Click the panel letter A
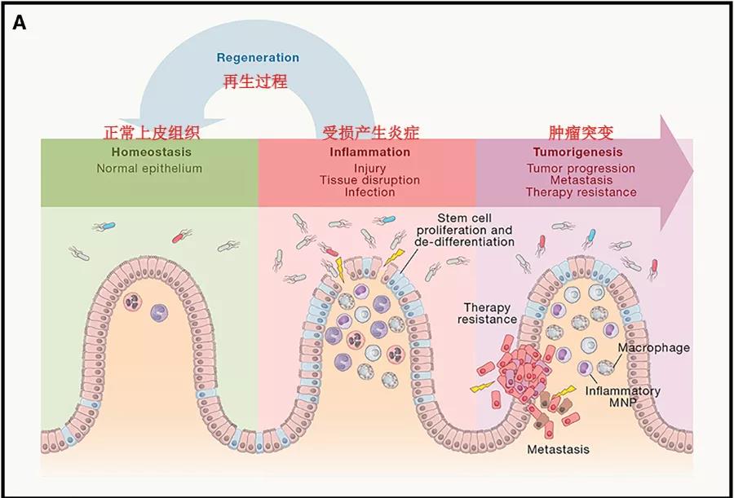(x=20, y=23)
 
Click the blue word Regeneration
(x=258, y=58)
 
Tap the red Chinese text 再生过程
(x=254, y=82)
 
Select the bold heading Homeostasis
(x=151, y=152)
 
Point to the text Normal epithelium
(x=149, y=169)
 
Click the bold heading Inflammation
(x=369, y=152)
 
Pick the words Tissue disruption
(x=369, y=180)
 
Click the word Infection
(x=369, y=192)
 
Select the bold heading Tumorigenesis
(x=578, y=152)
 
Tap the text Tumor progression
(x=581, y=168)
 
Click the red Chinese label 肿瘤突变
(x=581, y=133)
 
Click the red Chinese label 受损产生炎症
(x=371, y=133)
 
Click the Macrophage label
(x=654, y=348)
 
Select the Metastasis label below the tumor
(x=558, y=450)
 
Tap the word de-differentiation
(x=468, y=242)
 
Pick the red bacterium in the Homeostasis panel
(x=179, y=237)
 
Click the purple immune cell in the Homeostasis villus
(x=160, y=313)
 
